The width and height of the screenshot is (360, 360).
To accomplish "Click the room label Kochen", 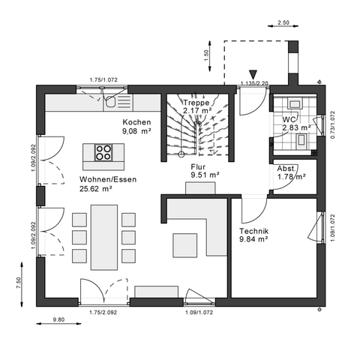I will pos(136,122).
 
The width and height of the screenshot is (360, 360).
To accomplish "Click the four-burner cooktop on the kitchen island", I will pos(104,154).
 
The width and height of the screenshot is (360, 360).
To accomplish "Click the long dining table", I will pos(104,238).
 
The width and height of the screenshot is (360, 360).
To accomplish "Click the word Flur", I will pos(199,167).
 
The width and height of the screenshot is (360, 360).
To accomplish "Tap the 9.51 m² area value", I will pos(205,175).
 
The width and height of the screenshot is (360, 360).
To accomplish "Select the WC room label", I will pos(289,119).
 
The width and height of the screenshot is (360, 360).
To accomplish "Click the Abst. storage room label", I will pos(286,168).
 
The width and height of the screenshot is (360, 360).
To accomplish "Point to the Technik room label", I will pos(253,231).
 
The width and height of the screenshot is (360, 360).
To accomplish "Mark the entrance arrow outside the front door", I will pos(253,73).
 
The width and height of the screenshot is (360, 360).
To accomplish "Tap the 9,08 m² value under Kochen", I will pos(137,131).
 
